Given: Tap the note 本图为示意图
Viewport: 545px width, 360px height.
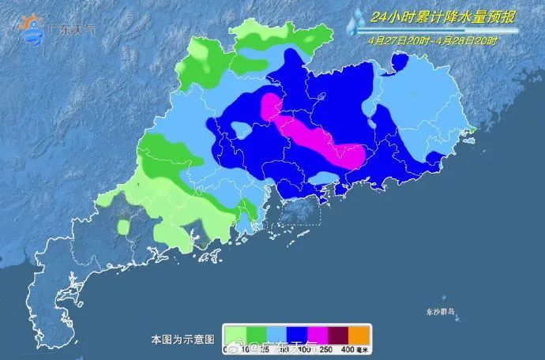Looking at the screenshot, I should click(182, 338).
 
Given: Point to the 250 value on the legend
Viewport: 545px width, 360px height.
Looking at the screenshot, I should click(325, 348).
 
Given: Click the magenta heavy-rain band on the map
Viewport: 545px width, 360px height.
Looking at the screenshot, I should click(316, 137).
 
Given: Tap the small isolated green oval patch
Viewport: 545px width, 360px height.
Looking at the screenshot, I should click(124, 227).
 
